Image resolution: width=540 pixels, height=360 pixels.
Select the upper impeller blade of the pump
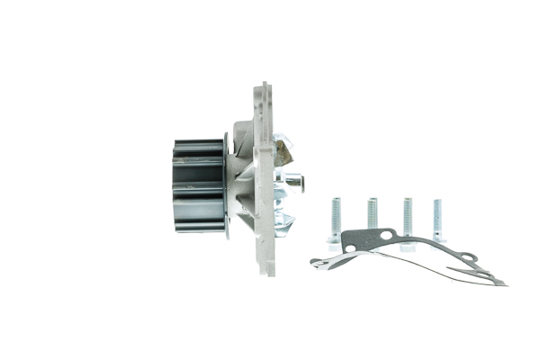283,149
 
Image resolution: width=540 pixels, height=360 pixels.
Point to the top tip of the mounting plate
264,86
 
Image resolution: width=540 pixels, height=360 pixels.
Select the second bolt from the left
372,214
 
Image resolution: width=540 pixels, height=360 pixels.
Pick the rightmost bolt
437,220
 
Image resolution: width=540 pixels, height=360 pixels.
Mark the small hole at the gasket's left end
317,262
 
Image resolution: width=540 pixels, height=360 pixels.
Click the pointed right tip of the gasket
505,283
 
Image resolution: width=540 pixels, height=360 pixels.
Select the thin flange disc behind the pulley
225,185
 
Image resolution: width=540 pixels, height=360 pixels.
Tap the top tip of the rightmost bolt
437,200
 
